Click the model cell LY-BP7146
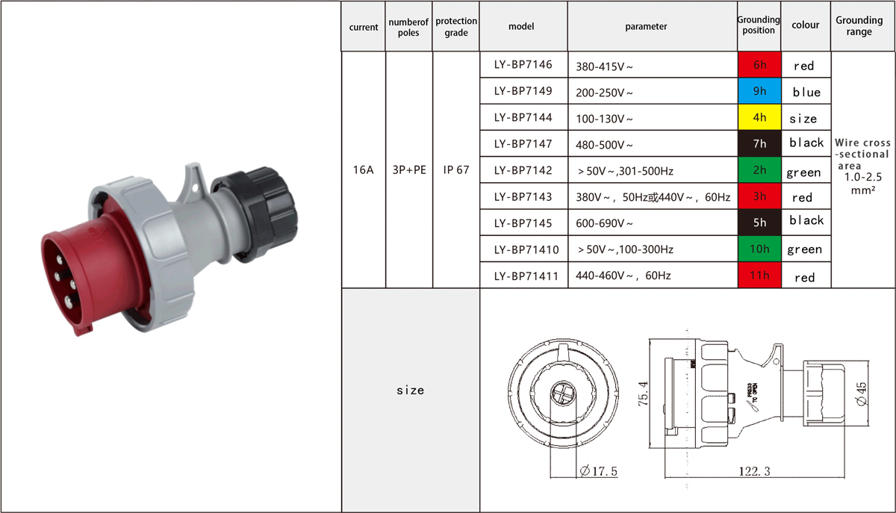523,65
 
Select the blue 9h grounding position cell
759,91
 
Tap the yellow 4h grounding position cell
759,117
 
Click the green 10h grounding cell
759,249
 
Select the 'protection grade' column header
456,26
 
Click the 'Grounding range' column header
859,25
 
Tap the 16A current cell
363,170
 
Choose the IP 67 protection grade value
456,170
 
